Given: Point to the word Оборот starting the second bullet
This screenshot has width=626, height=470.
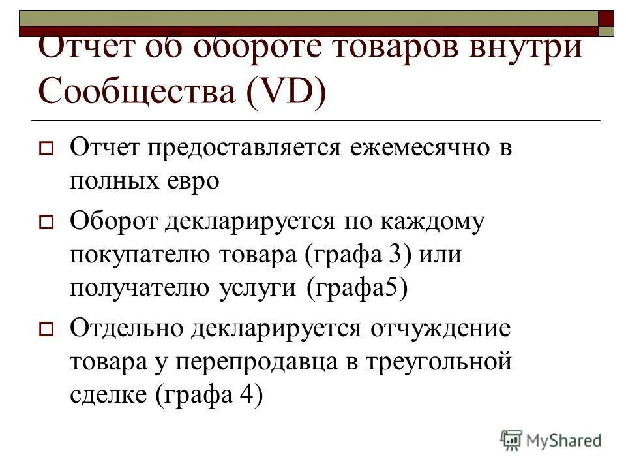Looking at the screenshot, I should [113, 222].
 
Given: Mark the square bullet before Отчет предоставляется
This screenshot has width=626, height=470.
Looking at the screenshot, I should [46, 149].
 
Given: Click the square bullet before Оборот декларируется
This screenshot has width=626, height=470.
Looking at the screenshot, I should [46, 223].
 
